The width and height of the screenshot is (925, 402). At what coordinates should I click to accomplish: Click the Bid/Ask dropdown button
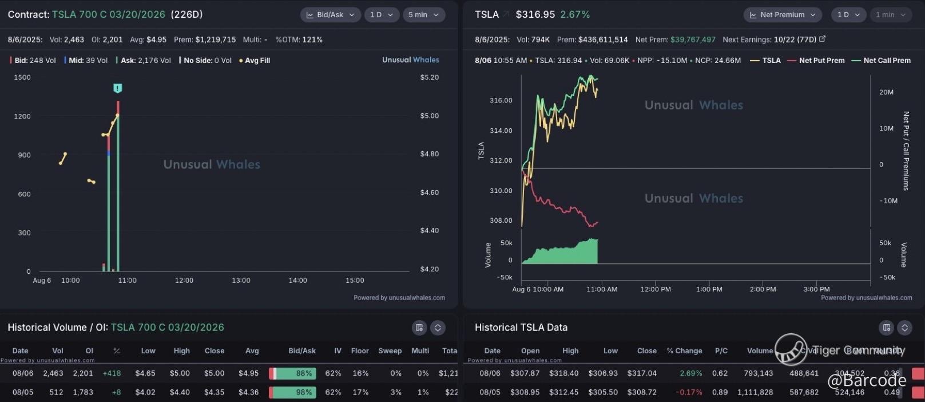click(330, 15)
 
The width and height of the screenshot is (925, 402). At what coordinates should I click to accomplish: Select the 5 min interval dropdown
click(423, 15)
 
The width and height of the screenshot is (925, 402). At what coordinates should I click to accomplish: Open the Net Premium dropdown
click(782, 15)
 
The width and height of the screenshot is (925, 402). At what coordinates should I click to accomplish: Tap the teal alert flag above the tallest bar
click(117, 88)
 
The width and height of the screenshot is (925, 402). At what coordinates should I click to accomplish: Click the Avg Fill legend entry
click(255, 60)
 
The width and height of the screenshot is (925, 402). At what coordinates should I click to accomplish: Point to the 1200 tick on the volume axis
click(22, 116)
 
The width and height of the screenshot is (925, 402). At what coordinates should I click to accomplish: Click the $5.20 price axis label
click(429, 77)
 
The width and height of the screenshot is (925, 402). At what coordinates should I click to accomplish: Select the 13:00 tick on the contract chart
click(241, 281)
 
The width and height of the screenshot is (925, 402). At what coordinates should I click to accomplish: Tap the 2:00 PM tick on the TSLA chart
click(763, 289)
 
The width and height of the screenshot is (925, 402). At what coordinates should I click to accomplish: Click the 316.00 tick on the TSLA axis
click(501, 100)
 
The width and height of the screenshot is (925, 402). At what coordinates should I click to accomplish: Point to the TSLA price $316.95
click(535, 14)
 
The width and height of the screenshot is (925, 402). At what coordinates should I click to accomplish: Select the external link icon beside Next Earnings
click(822, 39)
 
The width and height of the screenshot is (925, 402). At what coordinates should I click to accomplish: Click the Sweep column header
click(390, 350)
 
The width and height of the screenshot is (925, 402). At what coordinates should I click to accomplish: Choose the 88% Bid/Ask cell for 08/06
click(293, 373)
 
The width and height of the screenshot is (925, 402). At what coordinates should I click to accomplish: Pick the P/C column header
click(721, 350)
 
